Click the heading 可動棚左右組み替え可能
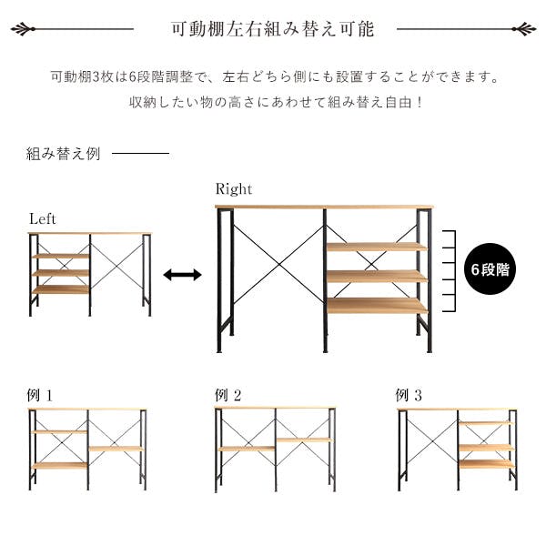[x=273, y=29]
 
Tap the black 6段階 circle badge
[x=490, y=269]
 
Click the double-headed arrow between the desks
[x=182, y=275]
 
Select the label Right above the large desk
[x=233, y=189]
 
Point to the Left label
[x=43, y=219]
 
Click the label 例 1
[x=40, y=395]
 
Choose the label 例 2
[x=228, y=395]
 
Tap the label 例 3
[x=409, y=395]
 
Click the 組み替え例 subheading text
[x=64, y=154]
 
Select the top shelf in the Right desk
[x=377, y=247]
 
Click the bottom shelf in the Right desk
[x=377, y=306]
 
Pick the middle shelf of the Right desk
[x=377, y=276]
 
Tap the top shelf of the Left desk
[x=61, y=257]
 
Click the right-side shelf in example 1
[x=116, y=449]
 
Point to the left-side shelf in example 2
[x=247, y=449]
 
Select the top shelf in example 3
[x=486, y=423]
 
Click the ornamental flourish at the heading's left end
[x=23, y=29]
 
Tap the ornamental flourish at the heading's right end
[x=524, y=29]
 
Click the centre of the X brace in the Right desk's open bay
[x=279, y=265]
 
